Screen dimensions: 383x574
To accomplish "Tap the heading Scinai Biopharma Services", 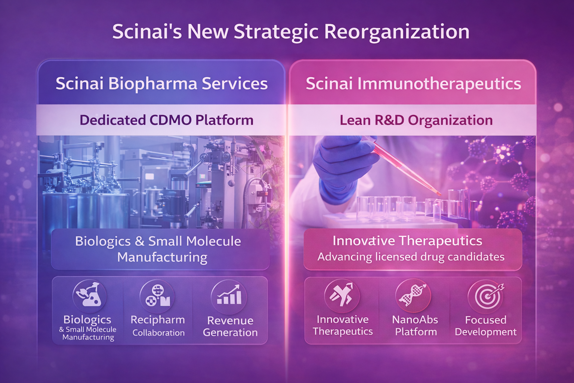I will pos(161,83).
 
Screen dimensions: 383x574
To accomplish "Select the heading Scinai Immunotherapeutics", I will pos(413,83).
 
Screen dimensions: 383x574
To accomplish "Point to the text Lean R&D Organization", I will pos(416,120).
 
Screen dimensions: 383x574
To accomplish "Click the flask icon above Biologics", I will pos(89,295).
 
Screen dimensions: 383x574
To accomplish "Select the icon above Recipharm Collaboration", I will pos(157,295).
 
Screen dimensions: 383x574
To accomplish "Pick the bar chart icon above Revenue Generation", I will pos(229,295).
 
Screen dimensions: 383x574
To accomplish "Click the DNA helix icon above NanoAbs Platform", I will pos(413,295).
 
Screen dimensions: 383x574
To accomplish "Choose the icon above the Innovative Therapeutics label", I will pos(342,295).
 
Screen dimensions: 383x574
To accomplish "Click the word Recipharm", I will pos(158,320).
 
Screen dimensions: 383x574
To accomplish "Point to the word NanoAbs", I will pos(415,320).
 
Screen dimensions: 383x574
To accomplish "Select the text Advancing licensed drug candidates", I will pos(411,257).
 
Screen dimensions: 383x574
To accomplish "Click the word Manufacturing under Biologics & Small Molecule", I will pos(162,257).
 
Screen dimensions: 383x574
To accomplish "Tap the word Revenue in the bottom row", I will pos(230,321).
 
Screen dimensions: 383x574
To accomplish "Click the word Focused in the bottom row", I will pos(485,320).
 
